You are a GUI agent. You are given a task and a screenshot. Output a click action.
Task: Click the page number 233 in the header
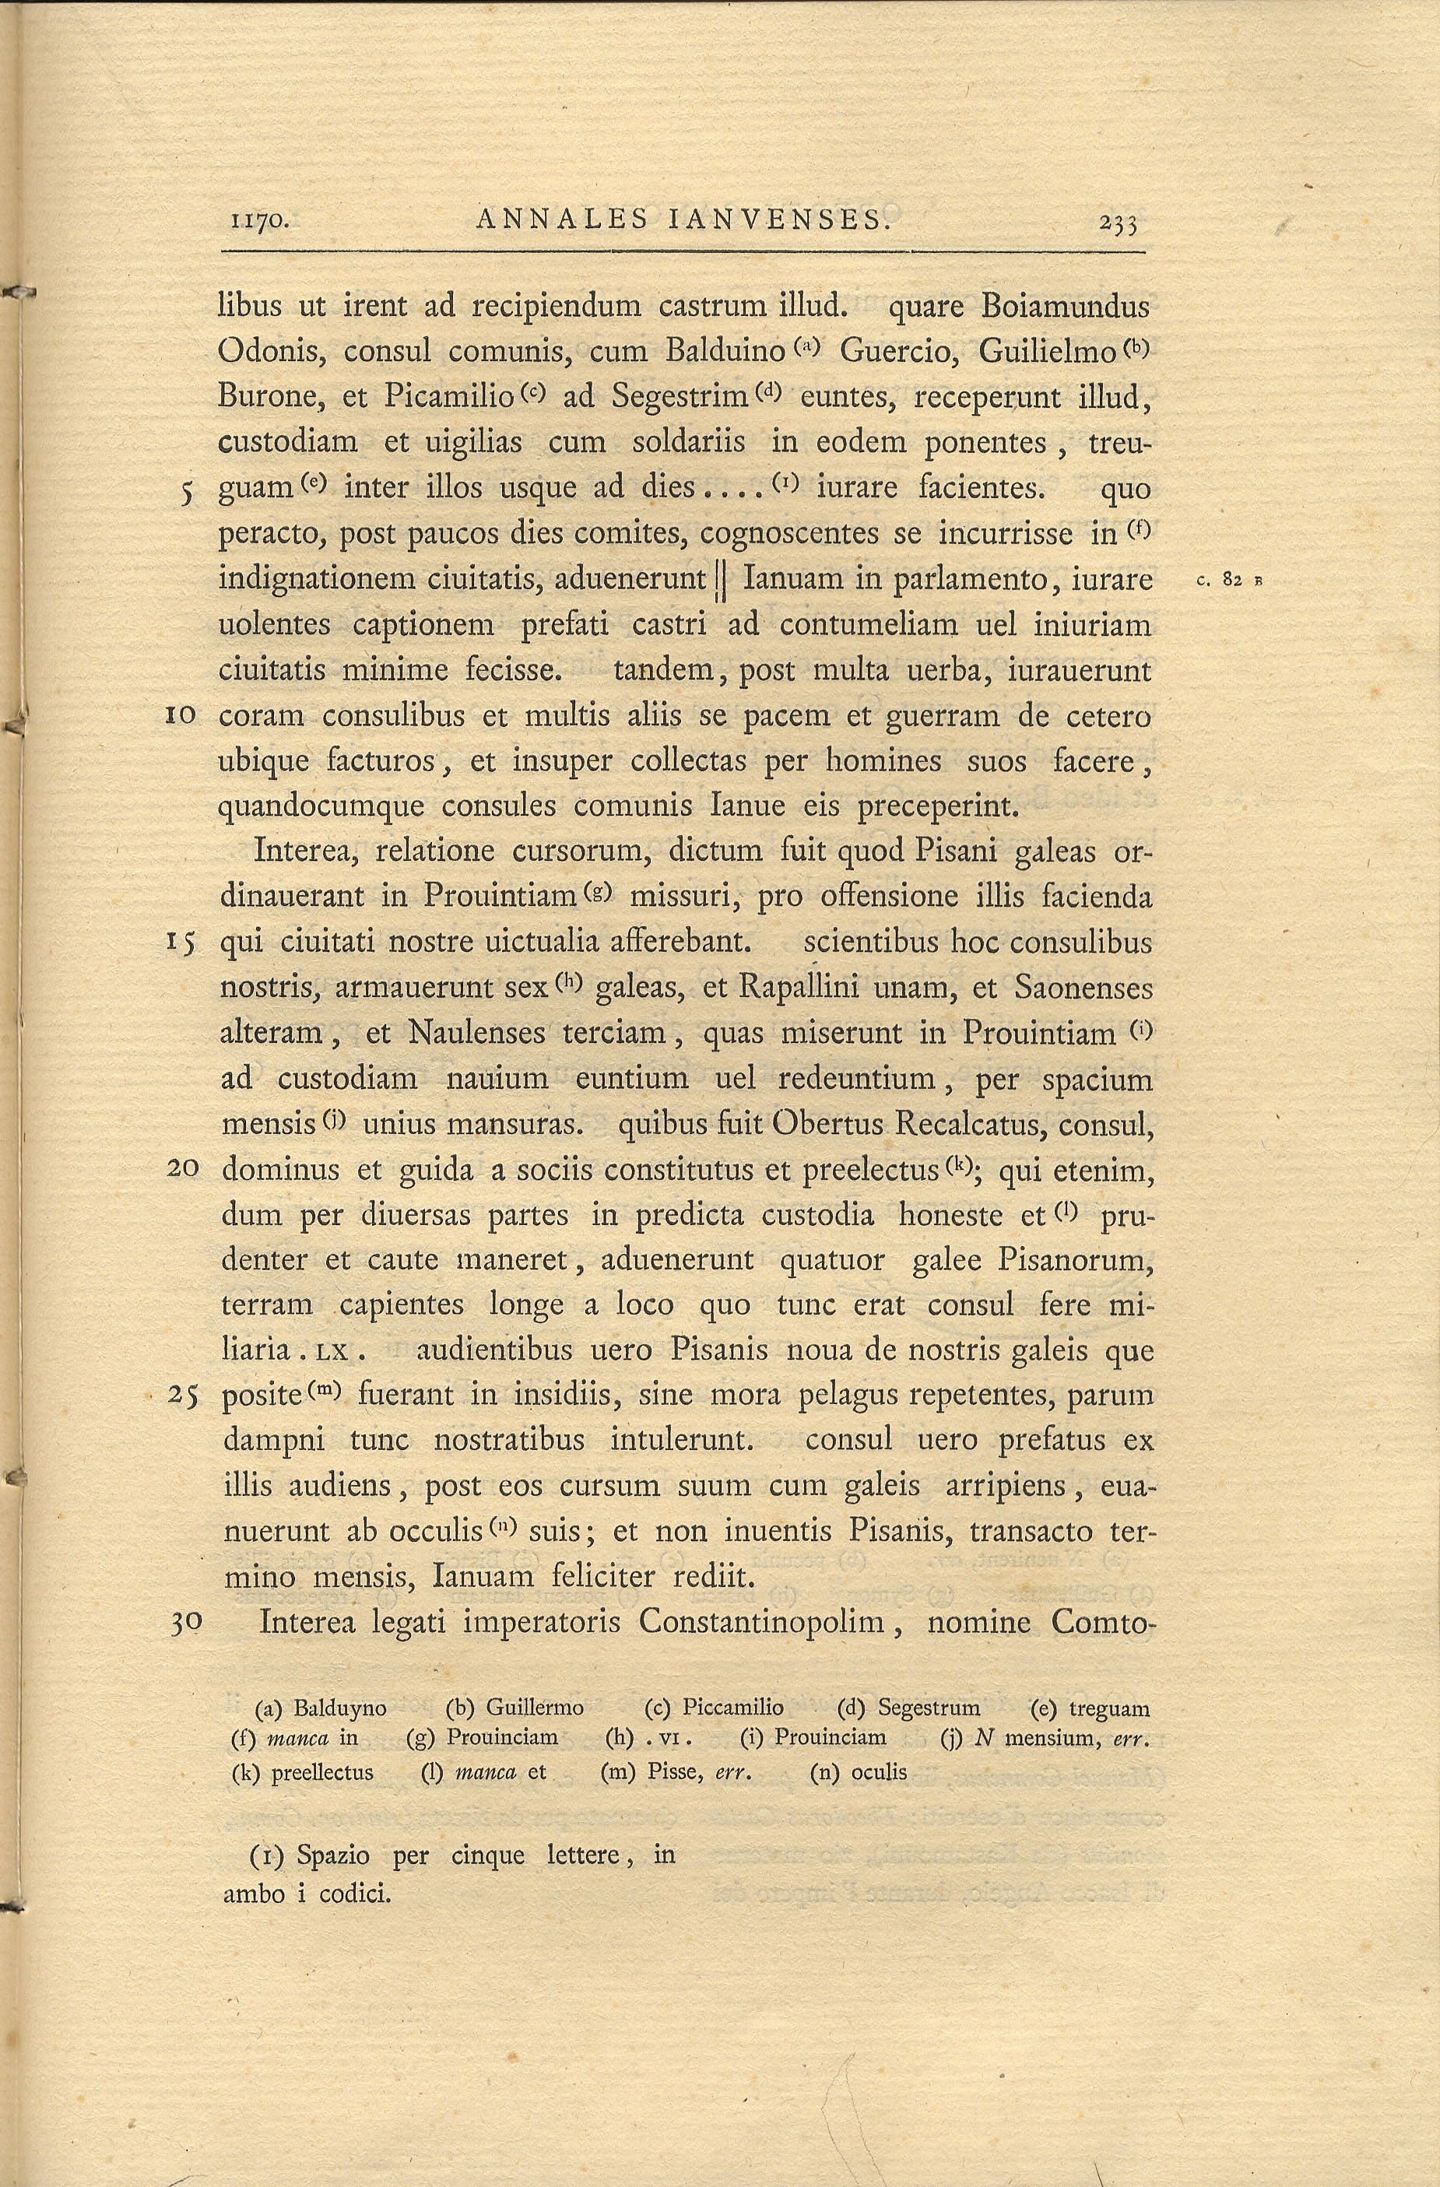(x=1118, y=223)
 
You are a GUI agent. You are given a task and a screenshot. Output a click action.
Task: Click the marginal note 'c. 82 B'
(x=1231, y=581)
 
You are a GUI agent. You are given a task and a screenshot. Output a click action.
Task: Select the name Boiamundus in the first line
(x=1066, y=305)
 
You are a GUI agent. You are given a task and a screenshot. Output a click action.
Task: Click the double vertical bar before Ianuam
(x=722, y=581)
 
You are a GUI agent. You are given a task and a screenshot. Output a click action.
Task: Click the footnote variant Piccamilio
(x=732, y=1708)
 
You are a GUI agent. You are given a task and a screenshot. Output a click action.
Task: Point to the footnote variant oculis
(x=879, y=1773)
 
